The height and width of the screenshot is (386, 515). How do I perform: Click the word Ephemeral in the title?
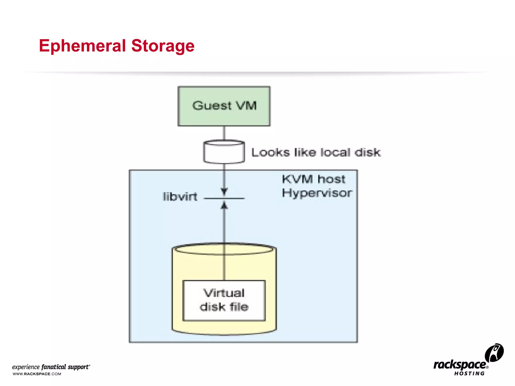pos(82,46)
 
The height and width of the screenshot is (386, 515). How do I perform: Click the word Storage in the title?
pos(163,46)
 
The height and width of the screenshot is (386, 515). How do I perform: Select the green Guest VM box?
pos(224,106)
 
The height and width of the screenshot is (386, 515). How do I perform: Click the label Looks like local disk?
pos(316,153)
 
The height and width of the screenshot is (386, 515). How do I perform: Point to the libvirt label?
pos(180,197)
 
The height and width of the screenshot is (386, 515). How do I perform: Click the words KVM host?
pos(313,179)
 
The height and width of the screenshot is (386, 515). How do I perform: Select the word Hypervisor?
pos(317,193)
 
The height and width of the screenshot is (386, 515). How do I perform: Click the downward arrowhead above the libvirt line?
pos(224,192)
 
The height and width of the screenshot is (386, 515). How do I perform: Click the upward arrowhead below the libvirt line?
pos(224,206)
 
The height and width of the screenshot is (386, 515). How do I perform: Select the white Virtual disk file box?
pos(224,301)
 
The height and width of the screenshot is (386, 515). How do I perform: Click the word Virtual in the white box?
pos(224,293)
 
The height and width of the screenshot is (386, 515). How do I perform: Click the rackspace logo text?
pos(460,365)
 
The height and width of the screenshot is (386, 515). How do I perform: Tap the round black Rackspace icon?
pos(494,353)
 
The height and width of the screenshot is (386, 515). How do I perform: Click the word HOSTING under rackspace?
pos(469,374)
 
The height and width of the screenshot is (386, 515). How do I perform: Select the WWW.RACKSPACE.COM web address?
pos(37,374)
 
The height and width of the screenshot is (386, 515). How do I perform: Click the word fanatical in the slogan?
pos(54,367)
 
